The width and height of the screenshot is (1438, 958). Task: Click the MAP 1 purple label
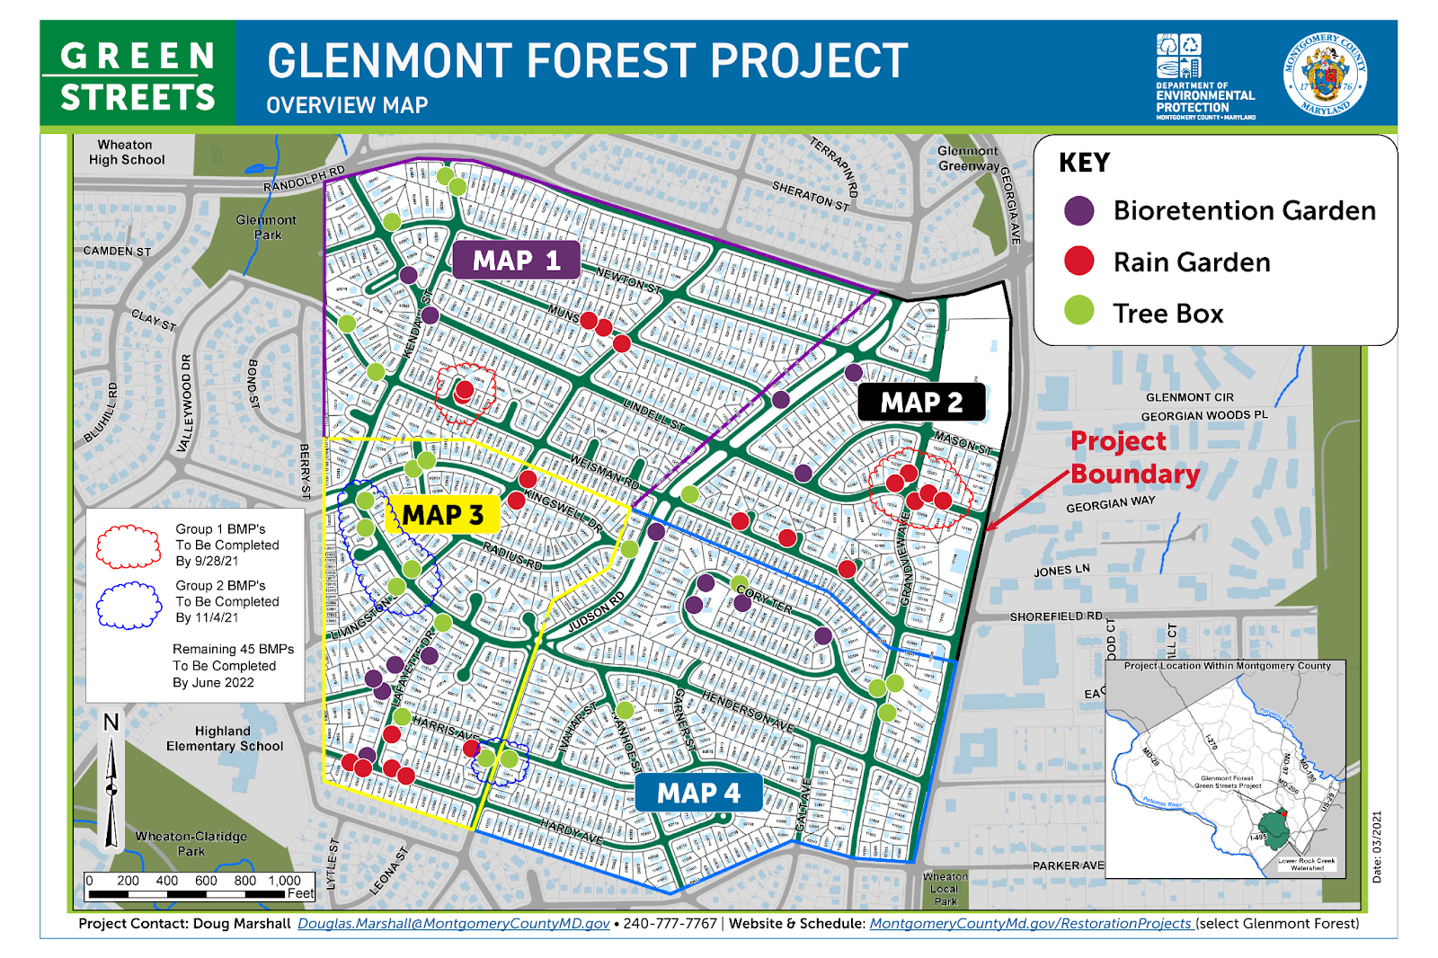pos(516,261)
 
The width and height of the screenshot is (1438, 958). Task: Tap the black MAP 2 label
pos(921,403)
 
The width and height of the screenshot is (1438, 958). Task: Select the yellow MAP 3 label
pos(442,515)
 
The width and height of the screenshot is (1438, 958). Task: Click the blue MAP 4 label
pos(698,794)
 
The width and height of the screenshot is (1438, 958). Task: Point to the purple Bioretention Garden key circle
pos(1078,211)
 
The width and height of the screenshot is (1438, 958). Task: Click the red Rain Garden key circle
pos(1078,262)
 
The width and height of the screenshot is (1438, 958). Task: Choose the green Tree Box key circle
pos(1078,312)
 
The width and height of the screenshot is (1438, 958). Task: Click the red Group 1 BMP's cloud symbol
pos(129,546)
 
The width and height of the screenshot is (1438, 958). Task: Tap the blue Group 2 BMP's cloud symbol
pos(129,605)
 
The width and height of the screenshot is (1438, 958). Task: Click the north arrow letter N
pos(111,723)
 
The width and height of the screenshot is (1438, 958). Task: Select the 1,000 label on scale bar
pos(284,881)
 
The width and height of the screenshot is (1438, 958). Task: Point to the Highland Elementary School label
pos(224,739)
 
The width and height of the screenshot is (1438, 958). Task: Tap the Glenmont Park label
pos(266,226)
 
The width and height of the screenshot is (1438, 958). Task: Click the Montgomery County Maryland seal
pos(1325,75)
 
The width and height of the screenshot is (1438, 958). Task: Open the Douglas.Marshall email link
pos(453,924)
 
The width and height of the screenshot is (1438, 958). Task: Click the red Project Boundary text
pos(1134,457)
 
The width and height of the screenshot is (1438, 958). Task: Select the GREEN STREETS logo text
pos(138,76)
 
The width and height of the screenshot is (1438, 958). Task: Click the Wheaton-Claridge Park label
pos(191,843)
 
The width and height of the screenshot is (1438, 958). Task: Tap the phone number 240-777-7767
pos(670,924)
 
